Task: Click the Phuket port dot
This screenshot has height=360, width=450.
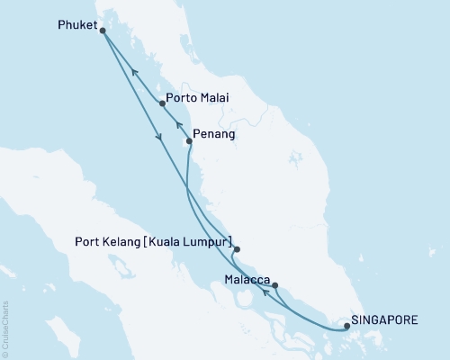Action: click(102, 31)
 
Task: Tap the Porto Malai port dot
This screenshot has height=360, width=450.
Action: click(162, 103)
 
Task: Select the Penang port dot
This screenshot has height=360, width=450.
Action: click(188, 140)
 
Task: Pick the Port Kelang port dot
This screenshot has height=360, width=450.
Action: click(237, 249)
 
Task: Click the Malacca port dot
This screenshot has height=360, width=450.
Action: click(274, 285)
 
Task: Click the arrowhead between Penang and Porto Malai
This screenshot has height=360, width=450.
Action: click(178, 125)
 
